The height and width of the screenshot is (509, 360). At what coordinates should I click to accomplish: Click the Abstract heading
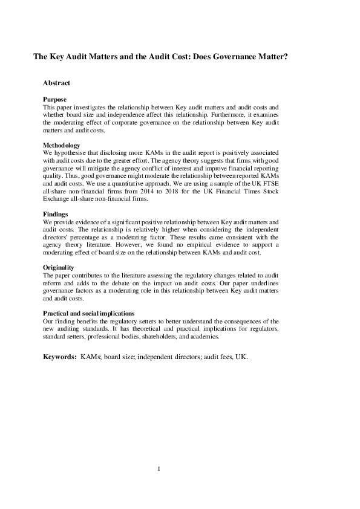(56, 83)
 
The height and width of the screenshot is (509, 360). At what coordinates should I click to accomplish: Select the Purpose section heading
(54, 99)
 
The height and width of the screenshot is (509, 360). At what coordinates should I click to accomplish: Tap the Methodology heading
(61, 145)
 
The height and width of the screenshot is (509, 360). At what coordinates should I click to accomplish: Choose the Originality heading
(59, 267)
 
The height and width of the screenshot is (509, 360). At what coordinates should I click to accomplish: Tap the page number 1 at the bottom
(159, 468)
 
